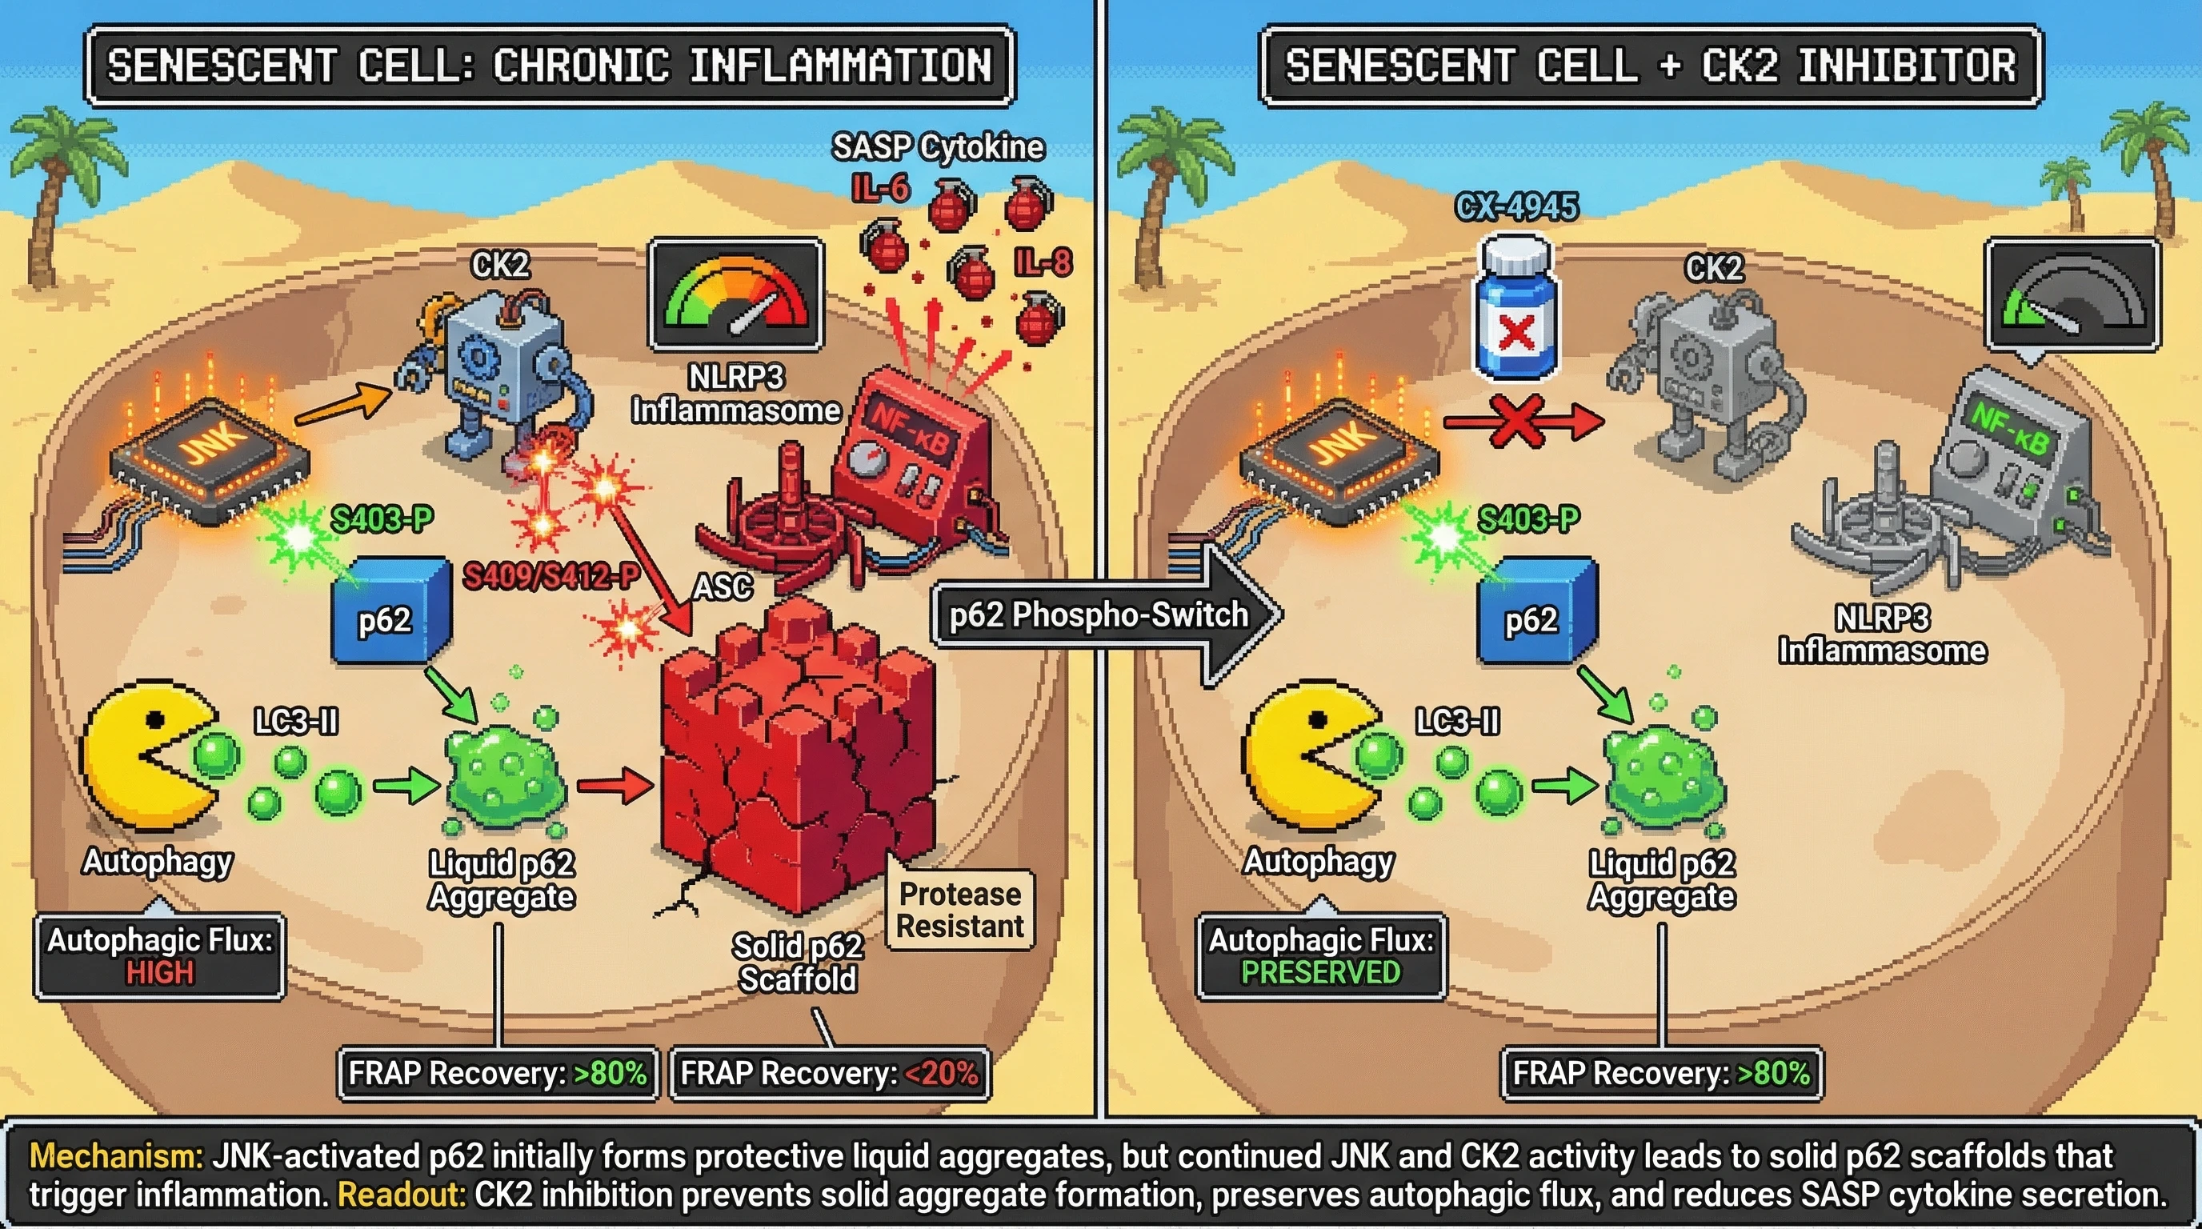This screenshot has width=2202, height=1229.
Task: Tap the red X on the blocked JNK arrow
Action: coord(1516,422)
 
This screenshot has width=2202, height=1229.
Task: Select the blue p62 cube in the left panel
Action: coord(390,611)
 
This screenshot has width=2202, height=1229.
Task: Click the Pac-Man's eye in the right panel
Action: coord(1317,719)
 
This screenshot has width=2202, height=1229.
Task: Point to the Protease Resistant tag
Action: coord(959,911)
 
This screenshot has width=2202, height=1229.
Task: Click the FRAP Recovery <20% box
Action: coord(829,1074)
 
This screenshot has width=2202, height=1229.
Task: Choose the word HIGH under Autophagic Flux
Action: coord(160,974)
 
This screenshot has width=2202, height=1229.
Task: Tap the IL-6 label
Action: coord(880,189)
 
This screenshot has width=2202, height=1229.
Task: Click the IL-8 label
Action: coord(1043,262)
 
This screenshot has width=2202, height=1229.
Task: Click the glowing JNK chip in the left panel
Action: coord(210,457)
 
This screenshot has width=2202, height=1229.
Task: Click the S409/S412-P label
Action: coord(551,577)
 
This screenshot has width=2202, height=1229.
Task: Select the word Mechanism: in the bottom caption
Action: coord(116,1156)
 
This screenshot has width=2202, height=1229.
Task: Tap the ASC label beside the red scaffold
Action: coord(723,587)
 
